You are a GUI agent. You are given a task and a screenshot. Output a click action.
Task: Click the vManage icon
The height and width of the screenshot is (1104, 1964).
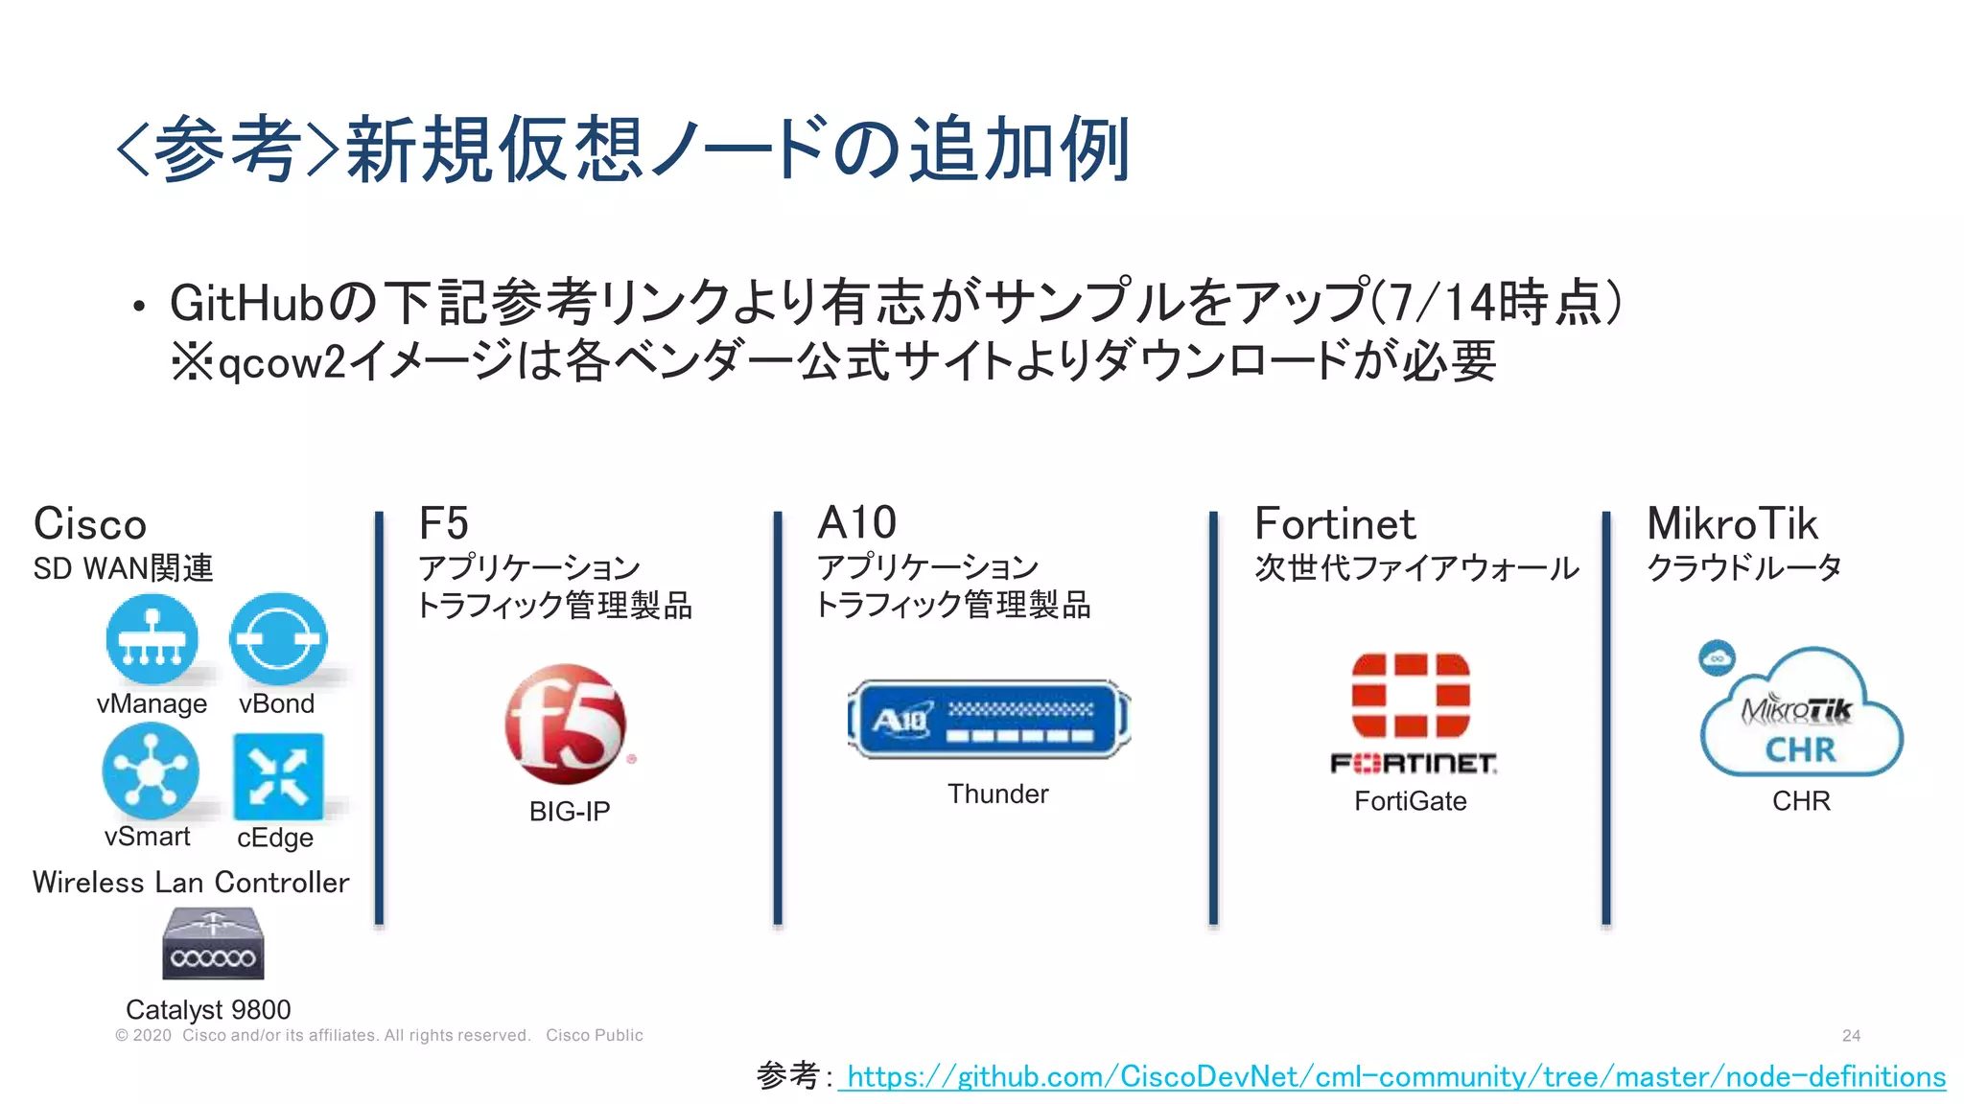coord(152,639)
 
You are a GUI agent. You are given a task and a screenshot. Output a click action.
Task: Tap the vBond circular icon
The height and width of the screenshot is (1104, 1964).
coord(278,639)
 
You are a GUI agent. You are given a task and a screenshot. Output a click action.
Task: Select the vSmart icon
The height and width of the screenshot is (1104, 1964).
coord(151,770)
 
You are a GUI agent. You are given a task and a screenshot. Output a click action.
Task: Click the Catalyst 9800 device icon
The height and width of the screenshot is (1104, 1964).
coord(213,944)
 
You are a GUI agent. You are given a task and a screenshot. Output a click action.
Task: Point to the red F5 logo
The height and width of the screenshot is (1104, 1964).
coord(566,724)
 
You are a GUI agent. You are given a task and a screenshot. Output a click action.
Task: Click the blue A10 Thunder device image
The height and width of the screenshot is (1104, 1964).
coord(990,720)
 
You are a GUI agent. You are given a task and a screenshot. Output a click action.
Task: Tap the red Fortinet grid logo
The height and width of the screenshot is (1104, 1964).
coord(1411,696)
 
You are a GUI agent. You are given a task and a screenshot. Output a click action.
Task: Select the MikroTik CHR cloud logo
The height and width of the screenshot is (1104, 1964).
coord(1801,714)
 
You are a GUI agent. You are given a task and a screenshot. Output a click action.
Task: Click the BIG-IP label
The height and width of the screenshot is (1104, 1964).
coord(570,812)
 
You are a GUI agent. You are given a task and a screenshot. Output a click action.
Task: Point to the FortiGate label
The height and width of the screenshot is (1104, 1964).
coord(1410,801)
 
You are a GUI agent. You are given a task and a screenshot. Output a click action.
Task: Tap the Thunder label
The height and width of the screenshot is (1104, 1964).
coord(997,793)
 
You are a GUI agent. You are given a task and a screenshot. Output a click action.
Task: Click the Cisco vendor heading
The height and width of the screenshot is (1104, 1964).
coord(90,524)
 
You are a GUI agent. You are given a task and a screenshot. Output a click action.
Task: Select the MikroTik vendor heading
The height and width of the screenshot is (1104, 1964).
coord(1732,524)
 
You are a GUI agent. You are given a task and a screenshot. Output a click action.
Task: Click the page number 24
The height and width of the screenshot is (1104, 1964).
coord(1851,1036)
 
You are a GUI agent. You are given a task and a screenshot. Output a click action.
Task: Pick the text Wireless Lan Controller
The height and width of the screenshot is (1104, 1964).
coord(191,883)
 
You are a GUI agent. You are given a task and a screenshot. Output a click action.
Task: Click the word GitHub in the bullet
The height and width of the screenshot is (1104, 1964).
coord(246,303)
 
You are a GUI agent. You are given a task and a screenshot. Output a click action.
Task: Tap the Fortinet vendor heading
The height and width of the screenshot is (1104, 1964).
coord(1335,524)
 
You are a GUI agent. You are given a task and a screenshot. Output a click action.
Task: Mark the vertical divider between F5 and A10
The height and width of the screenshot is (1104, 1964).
coord(778,719)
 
